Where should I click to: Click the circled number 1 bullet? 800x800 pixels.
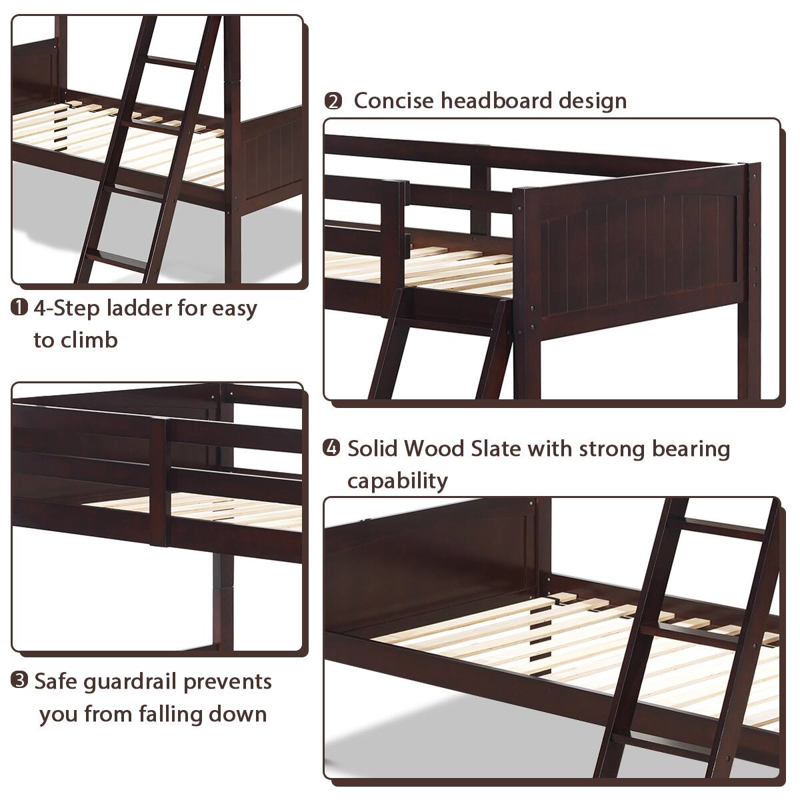(19, 308)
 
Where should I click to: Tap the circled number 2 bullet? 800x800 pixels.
(333, 101)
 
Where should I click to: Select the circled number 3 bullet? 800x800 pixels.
(19, 681)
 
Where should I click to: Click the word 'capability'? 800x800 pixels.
(397, 480)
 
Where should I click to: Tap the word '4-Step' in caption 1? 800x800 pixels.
(67, 308)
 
